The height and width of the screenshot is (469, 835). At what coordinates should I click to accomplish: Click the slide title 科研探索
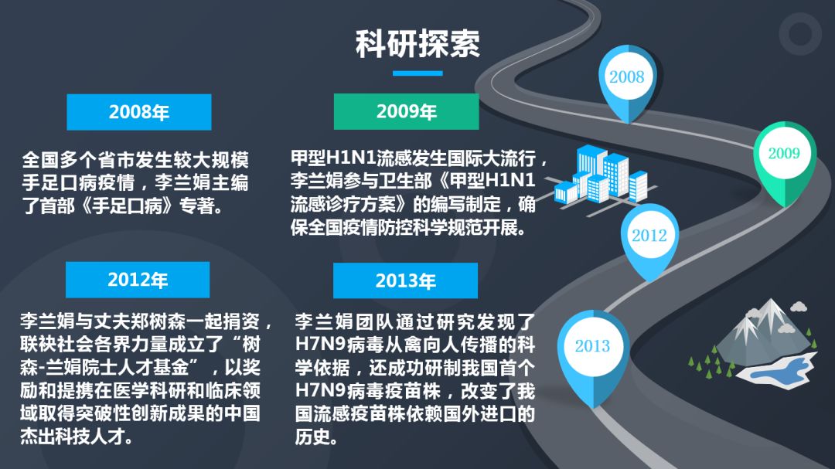(x=417, y=43)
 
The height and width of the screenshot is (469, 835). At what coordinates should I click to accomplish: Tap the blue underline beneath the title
(x=417, y=73)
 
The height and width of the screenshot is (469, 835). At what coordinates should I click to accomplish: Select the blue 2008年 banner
(x=139, y=112)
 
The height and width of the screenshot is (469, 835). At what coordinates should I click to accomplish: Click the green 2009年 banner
(x=407, y=111)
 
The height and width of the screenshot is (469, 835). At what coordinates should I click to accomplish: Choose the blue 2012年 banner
(x=138, y=280)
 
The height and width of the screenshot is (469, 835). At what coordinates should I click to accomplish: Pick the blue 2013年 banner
(x=405, y=280)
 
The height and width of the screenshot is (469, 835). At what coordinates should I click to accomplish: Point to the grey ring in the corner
(x=800, y=34)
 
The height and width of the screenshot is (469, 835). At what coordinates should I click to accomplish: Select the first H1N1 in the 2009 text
(x=351, y=158)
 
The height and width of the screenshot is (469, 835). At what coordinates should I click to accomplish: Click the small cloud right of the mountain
(x=798, y=307)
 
